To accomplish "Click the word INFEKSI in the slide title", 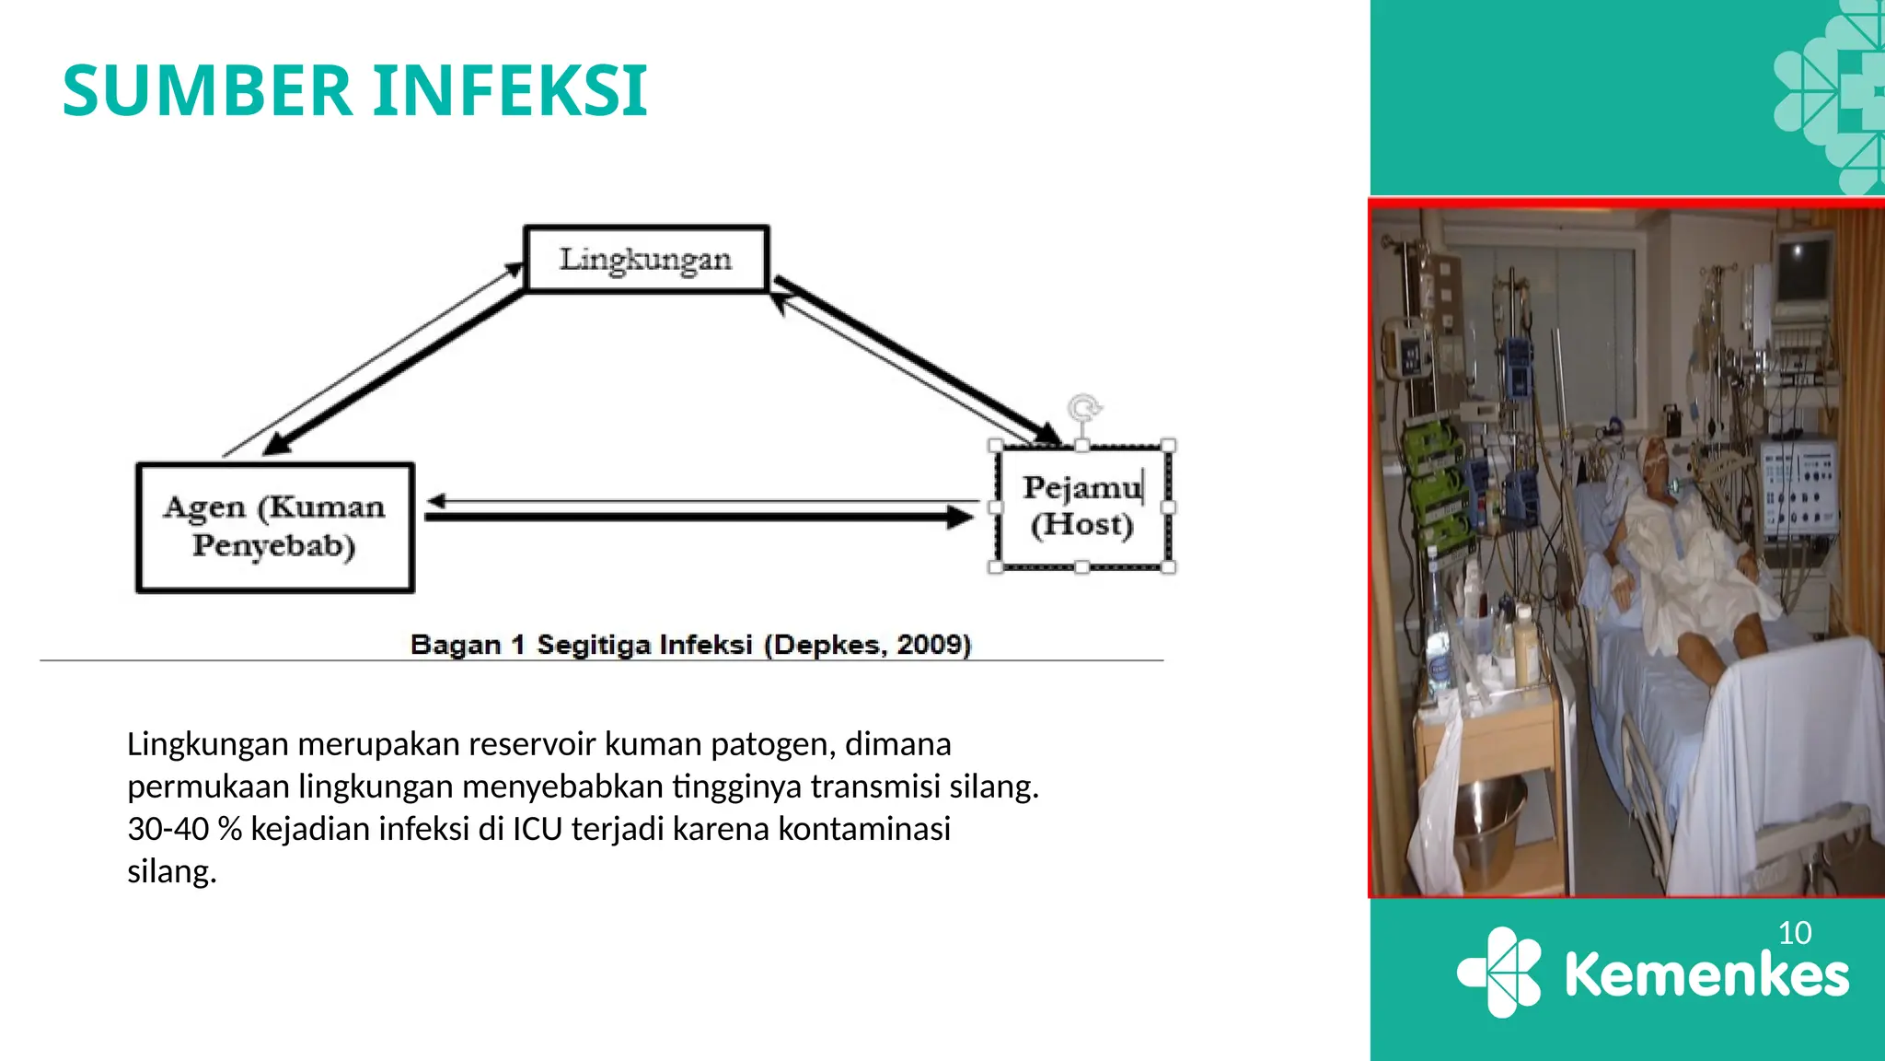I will pos(511,91).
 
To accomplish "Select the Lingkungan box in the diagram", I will pos(646,259).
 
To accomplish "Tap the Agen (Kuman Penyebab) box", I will pos(274,527).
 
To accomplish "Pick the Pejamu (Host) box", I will pos(1081,507).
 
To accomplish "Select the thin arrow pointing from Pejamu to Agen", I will pos(700,502).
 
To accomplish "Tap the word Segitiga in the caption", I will pos(595,645).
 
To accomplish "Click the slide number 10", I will pos(1795,933).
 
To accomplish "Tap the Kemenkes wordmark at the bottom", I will pos(1706,974).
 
